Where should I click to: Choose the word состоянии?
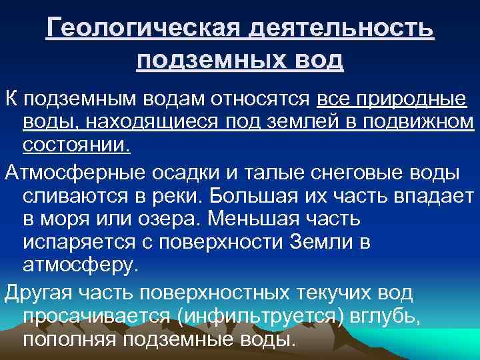pyautogui.click(x=77, y=145)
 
